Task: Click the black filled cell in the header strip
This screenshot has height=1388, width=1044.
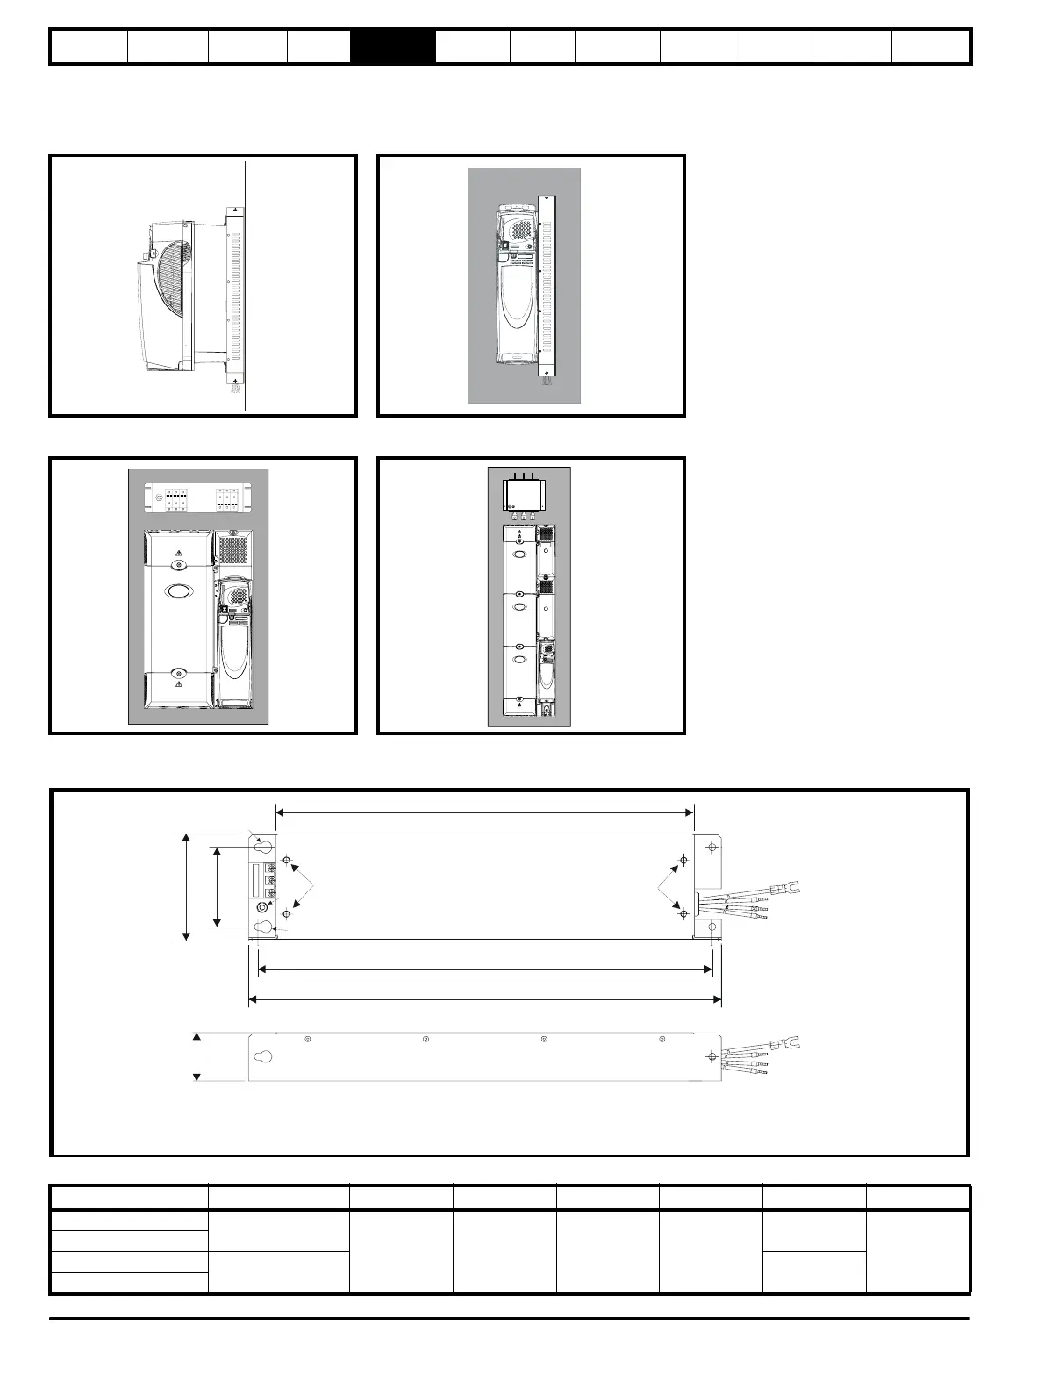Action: pos(392,47)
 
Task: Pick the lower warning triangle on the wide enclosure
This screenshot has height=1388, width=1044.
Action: pos(178,683)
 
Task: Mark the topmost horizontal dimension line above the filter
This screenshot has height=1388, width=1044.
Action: pos(484,812)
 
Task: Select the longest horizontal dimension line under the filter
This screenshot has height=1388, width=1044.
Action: pos(484,998)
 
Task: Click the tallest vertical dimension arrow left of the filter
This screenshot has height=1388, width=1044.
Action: pos(186,887)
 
